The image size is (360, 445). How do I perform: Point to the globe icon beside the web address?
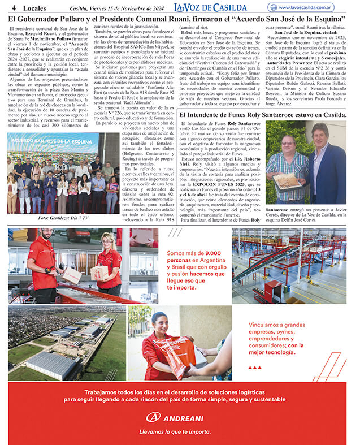pyautogui.click(x=274, y=8)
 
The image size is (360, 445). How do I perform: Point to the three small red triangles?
pyautogui.click(x=255, y=367)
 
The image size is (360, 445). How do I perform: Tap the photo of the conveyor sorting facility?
pyautogui.click(x=289, y=266)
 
